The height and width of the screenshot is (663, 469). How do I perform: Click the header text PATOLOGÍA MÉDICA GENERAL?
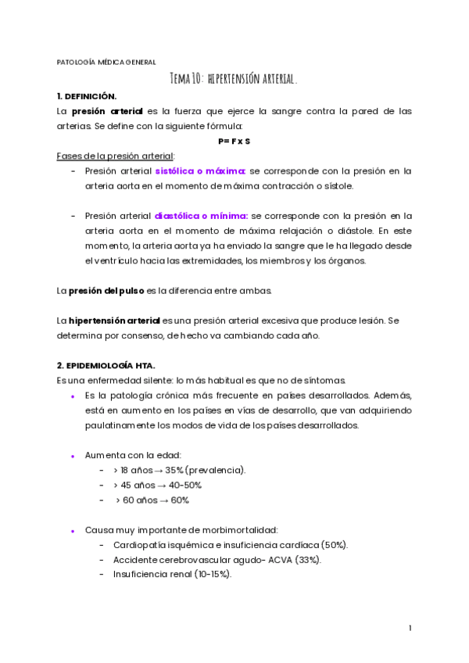106,62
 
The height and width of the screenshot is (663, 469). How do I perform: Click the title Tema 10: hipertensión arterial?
234,79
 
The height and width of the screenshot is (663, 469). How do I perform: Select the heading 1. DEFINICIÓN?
87,96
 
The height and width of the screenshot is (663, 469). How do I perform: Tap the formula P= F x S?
234,141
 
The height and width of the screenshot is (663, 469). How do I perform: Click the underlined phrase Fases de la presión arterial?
116,156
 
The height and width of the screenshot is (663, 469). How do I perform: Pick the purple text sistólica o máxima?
201,170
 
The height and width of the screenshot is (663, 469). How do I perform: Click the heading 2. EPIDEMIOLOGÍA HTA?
106,365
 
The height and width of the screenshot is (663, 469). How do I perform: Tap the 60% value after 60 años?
180,500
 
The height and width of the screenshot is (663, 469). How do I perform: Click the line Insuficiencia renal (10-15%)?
172,574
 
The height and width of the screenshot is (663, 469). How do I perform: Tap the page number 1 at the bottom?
410,628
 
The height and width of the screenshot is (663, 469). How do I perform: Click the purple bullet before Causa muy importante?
73,531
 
